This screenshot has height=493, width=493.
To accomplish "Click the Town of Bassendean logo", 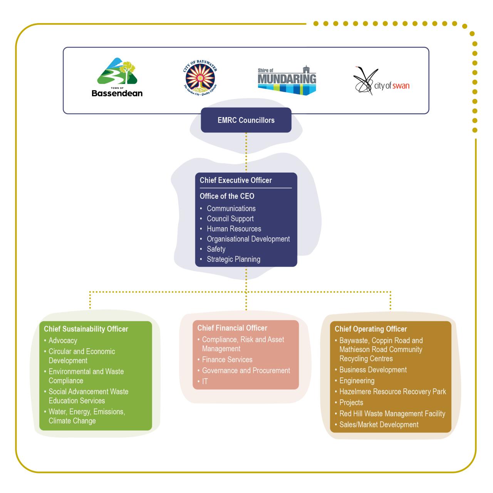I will tap(117, 77).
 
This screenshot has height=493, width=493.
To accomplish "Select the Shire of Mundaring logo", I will tap(287, 80).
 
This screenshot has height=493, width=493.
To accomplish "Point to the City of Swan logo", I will tap(381, 81).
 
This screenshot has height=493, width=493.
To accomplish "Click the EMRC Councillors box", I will tap(246, 120).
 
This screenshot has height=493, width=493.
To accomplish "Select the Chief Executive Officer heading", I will tap(236, 180).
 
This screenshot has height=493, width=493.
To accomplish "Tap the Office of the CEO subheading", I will tap(227, 196).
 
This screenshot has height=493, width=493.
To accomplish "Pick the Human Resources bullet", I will tap(234, 229).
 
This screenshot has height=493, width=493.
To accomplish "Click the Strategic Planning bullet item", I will tap(233, 259).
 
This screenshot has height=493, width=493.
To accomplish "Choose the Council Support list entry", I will tap(230, 219).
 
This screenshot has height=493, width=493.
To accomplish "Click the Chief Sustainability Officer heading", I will tap(86, 329).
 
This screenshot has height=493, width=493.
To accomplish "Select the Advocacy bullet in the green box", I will tap(63, 340).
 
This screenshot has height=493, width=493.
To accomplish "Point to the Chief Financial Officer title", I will tap(232, 328).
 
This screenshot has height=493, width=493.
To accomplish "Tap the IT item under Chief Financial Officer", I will tap(205, 381).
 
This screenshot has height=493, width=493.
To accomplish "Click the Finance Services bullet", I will tap(227, 360).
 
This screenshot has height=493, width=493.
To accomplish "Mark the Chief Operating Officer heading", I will tap(371, 329).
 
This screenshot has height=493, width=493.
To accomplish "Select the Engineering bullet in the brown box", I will tap(357, 381).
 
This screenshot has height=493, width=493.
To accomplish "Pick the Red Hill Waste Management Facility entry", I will tap(392, 414).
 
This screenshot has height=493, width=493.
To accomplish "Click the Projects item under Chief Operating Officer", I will tap(351, 402).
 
